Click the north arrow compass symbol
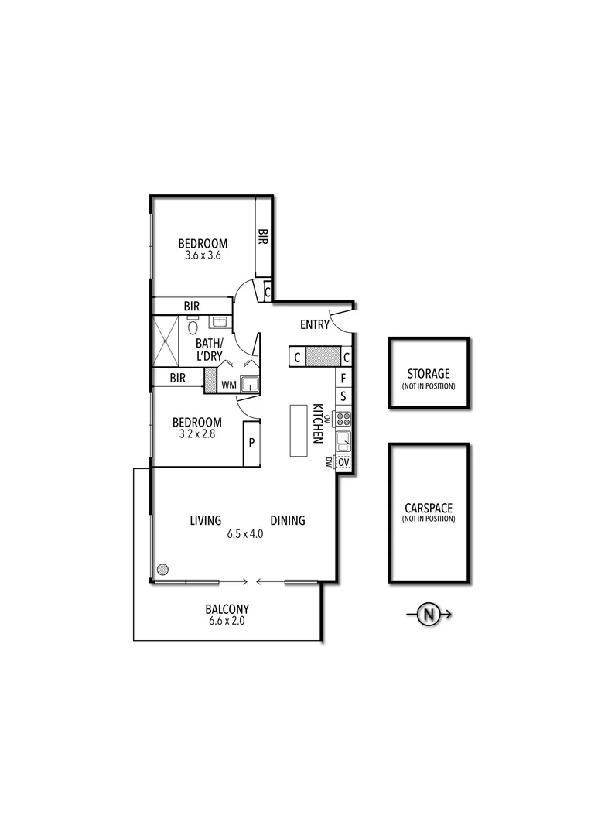pos(429,615)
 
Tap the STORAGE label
pos(429,374)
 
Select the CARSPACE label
pos(429,509)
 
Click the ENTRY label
pos(315,325)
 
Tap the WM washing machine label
pos(229,384)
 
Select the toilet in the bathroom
pos(193,327)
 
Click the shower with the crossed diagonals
pos(166,341)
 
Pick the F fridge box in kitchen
pos(344,379)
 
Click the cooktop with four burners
pos(344,420)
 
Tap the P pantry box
pos(251,444)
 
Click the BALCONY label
pos(227,609)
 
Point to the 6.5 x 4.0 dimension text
pos(245,534)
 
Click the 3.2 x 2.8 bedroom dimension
pos(196,434)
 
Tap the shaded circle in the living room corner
pos(162,570)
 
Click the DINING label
pos(288,521)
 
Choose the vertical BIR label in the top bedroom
pos(263,236)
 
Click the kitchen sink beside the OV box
pos(344,442)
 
